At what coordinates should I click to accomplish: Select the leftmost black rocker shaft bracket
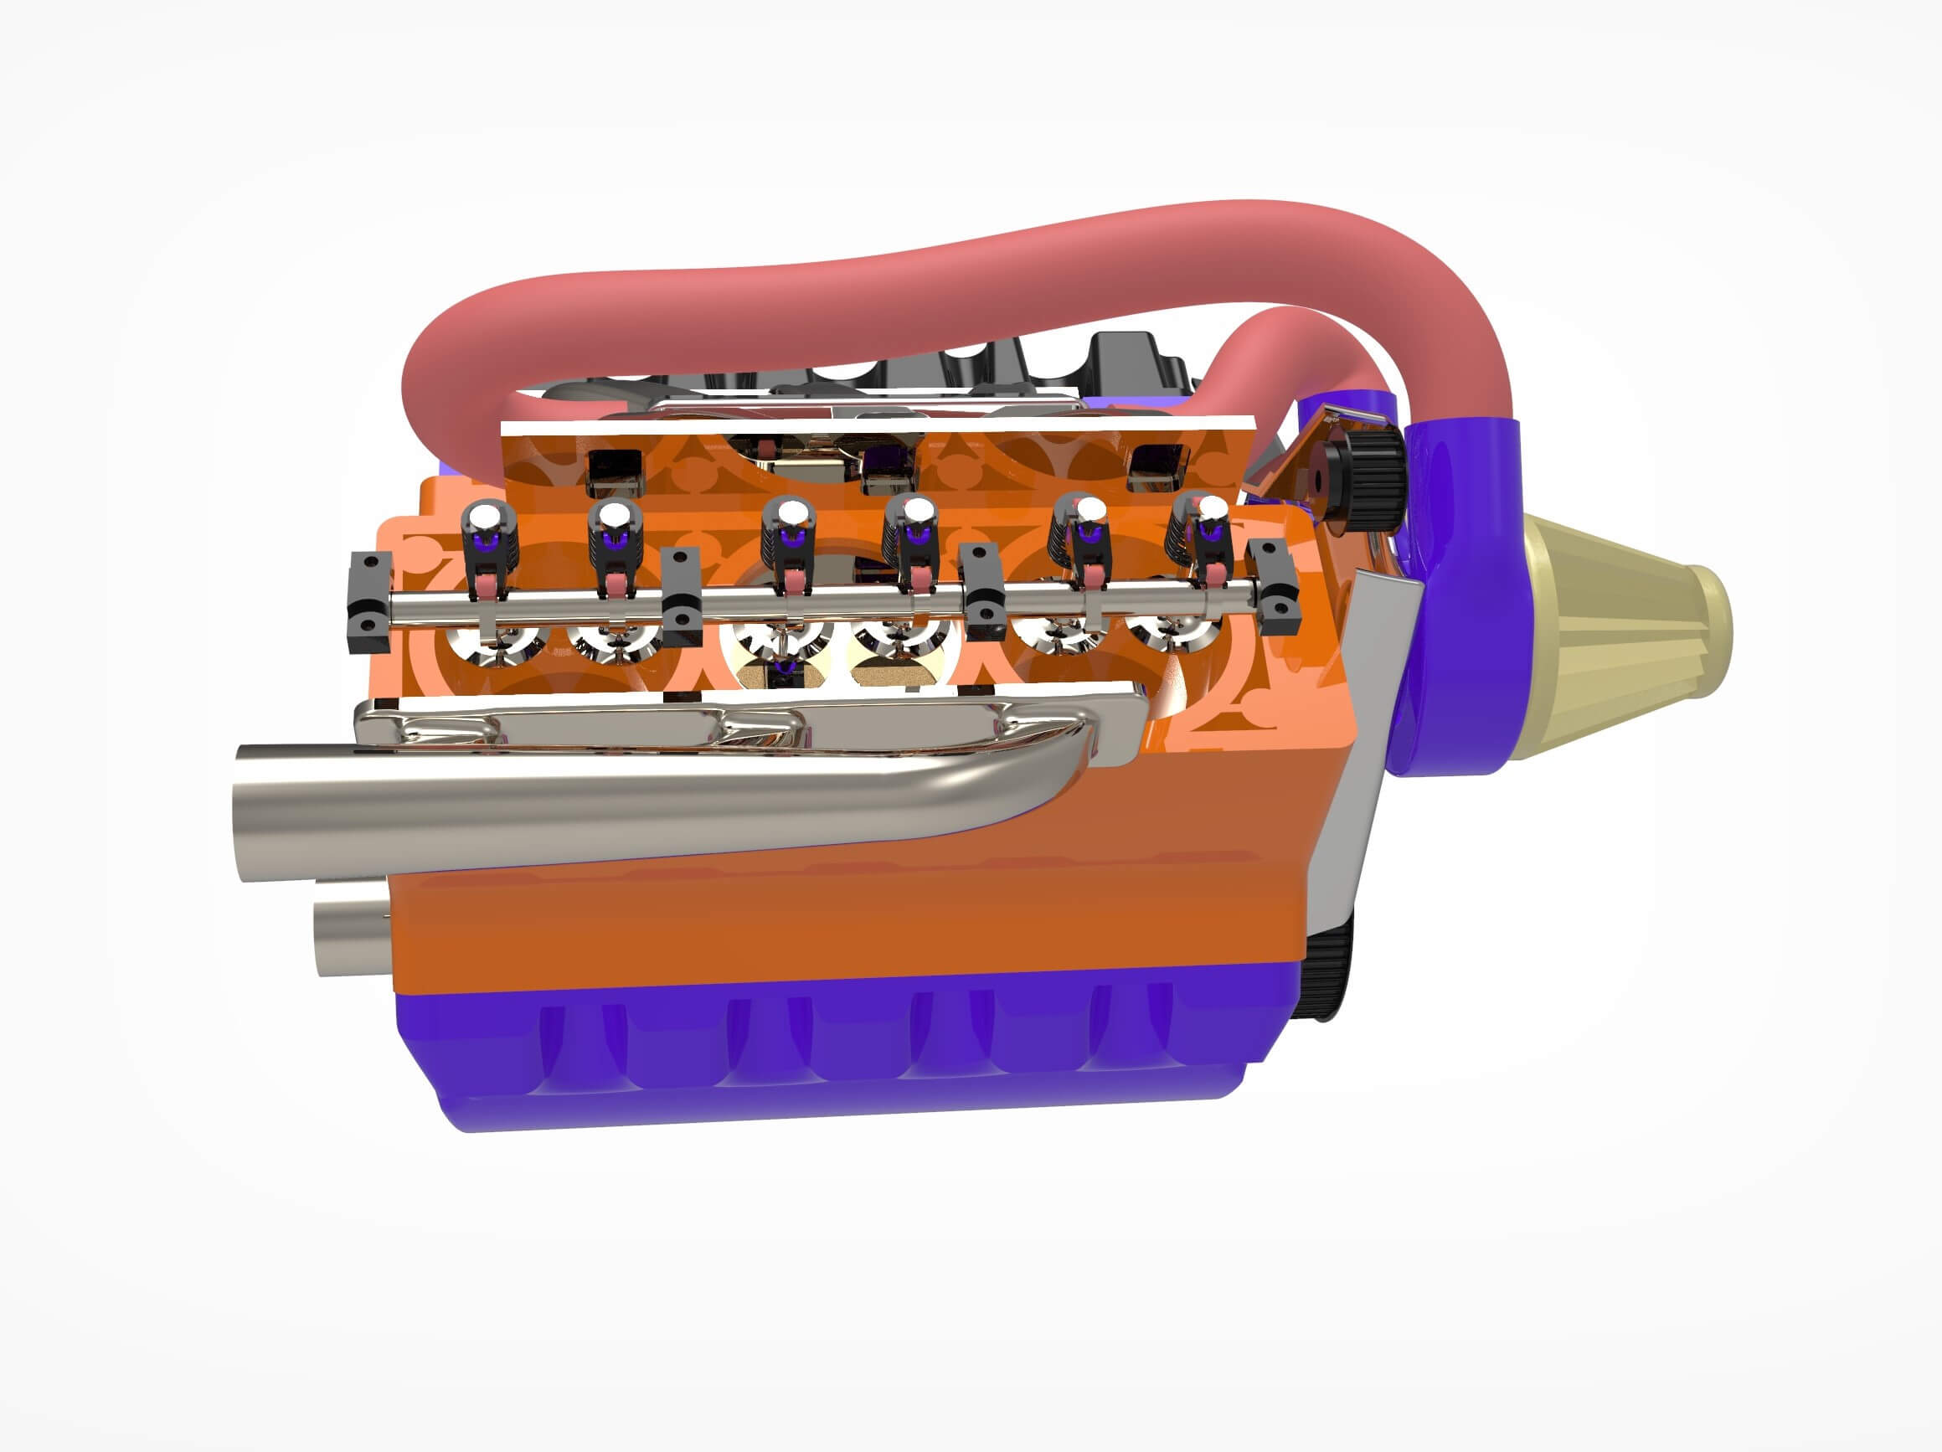369,602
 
